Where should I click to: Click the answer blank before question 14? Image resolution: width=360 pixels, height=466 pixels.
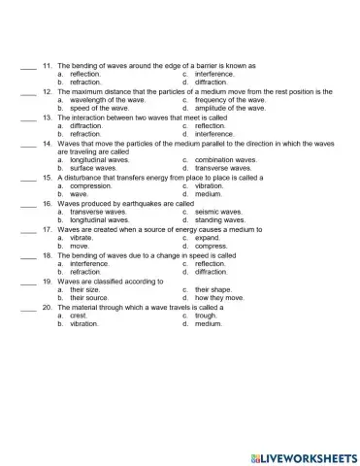click(x=28, y=143)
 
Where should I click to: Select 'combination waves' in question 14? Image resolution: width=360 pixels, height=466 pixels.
click(x=226, y=160)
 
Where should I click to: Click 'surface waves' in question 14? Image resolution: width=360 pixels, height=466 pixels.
click(x=94, y=168)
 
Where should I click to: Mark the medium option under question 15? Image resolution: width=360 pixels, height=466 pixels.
click(x=209, y=194)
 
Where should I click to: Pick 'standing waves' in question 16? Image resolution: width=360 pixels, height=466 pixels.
click(x=219, y=220)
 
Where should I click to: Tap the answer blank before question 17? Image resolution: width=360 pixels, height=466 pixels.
click(x=28, y=229)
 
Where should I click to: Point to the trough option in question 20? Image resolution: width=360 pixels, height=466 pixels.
click(x=206, y=316)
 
